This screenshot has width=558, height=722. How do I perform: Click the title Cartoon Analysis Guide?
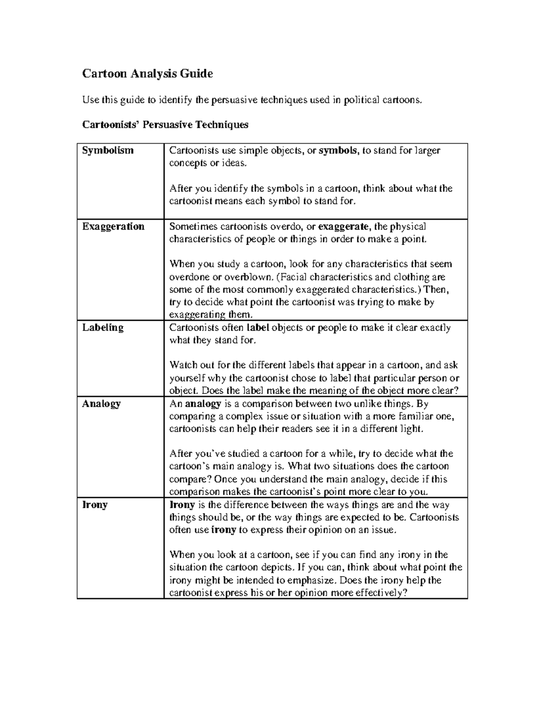point(147,73)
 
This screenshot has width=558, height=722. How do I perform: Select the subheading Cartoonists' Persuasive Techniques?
point(165,125)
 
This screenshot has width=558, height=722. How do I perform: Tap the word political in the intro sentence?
point(361,99)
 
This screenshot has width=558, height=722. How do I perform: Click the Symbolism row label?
point(108,150)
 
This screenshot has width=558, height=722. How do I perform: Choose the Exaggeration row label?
point(113,226)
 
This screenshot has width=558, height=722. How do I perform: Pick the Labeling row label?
point(103,327)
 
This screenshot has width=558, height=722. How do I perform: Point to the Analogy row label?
point(101,404)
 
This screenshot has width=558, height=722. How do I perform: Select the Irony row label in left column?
point(95,504)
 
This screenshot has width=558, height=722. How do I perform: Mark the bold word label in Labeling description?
point(258,328)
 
